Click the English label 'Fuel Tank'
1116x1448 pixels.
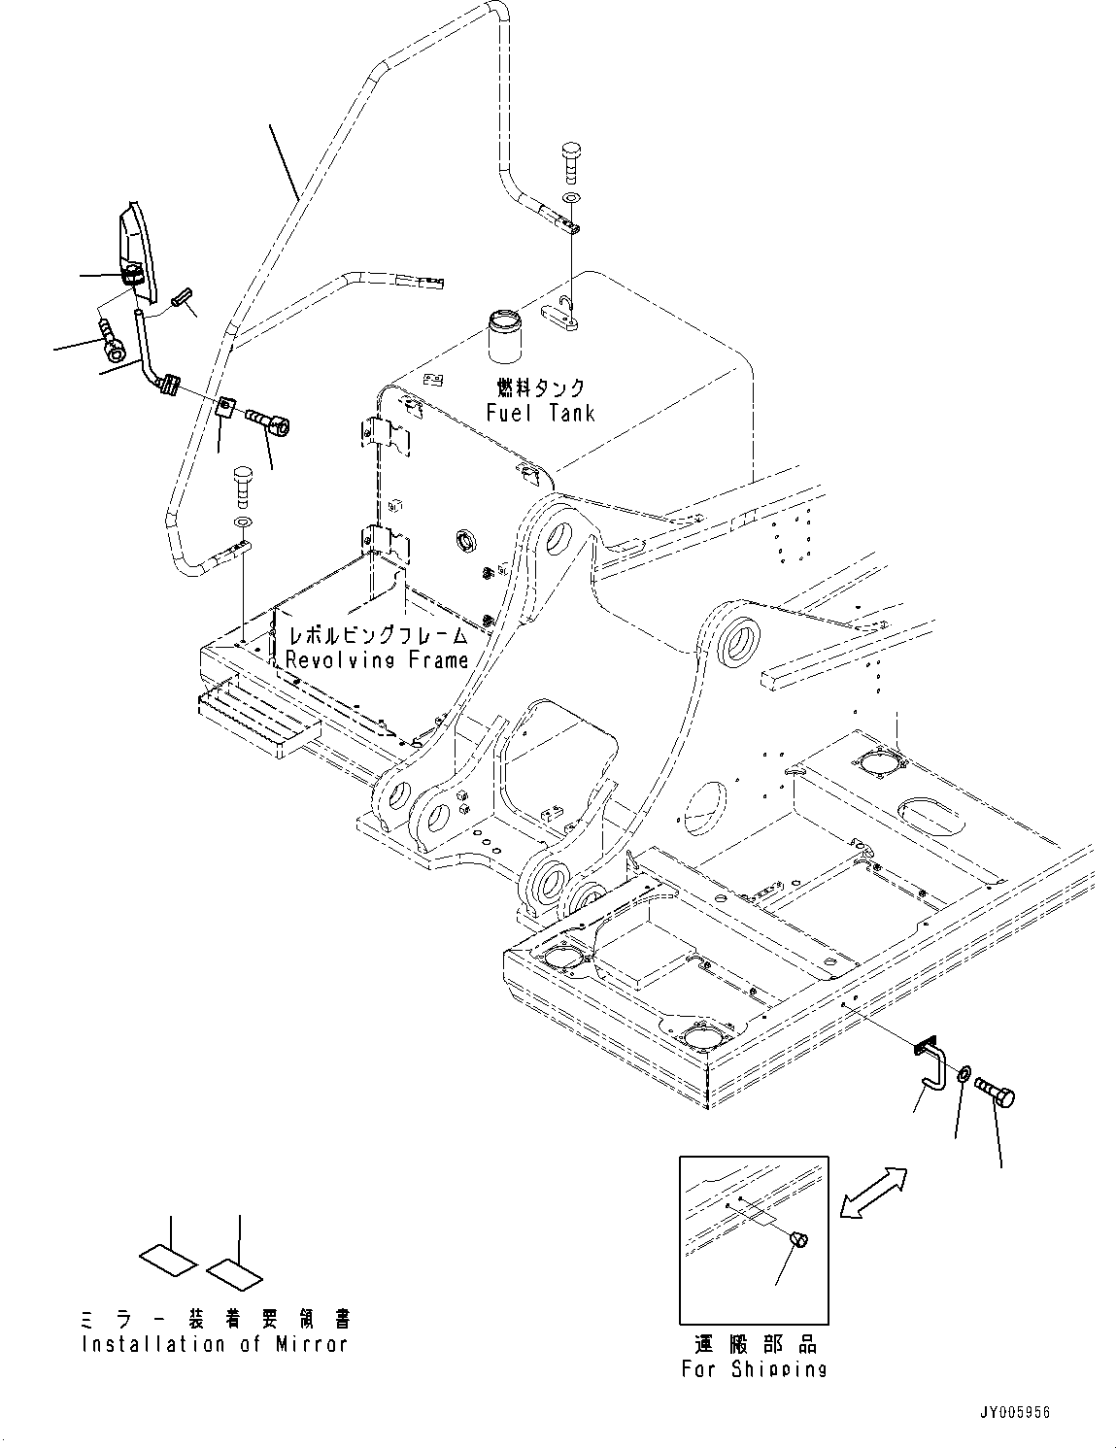tap(540, 413)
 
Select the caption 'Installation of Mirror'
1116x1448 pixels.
tap(214, 1344)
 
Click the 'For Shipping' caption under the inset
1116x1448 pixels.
tap(754, 1368)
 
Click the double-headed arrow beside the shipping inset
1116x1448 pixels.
tap(873, 1193)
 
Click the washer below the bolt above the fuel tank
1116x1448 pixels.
tap(570, 198)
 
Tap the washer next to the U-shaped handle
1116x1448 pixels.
tap(962, 1074)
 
